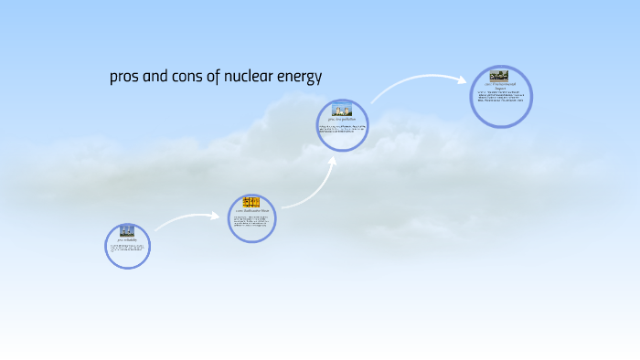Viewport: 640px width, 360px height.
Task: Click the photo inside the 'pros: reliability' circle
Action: pyautogui.click(x=127, y=231)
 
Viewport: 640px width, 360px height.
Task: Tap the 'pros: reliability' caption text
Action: pyautogui.click(x=127, y=240)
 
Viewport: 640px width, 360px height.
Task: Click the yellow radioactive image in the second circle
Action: pyautogui.click(x=251, y=202)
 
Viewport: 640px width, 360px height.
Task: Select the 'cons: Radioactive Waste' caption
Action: pyautogui.click(x=251, y=211)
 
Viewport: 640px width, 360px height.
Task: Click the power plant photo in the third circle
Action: pyautogui.click(x=342, y=110)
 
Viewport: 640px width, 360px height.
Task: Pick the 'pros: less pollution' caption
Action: pyautogui.click(x=342, y=119)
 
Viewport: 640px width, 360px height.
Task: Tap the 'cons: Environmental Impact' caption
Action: pyautogui.click(x=500, y=86)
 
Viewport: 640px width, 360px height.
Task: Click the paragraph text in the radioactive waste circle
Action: pyautogui.click(x=251, y=222)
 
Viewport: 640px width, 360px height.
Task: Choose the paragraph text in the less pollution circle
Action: pyautogui.click(x=342, y=129)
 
